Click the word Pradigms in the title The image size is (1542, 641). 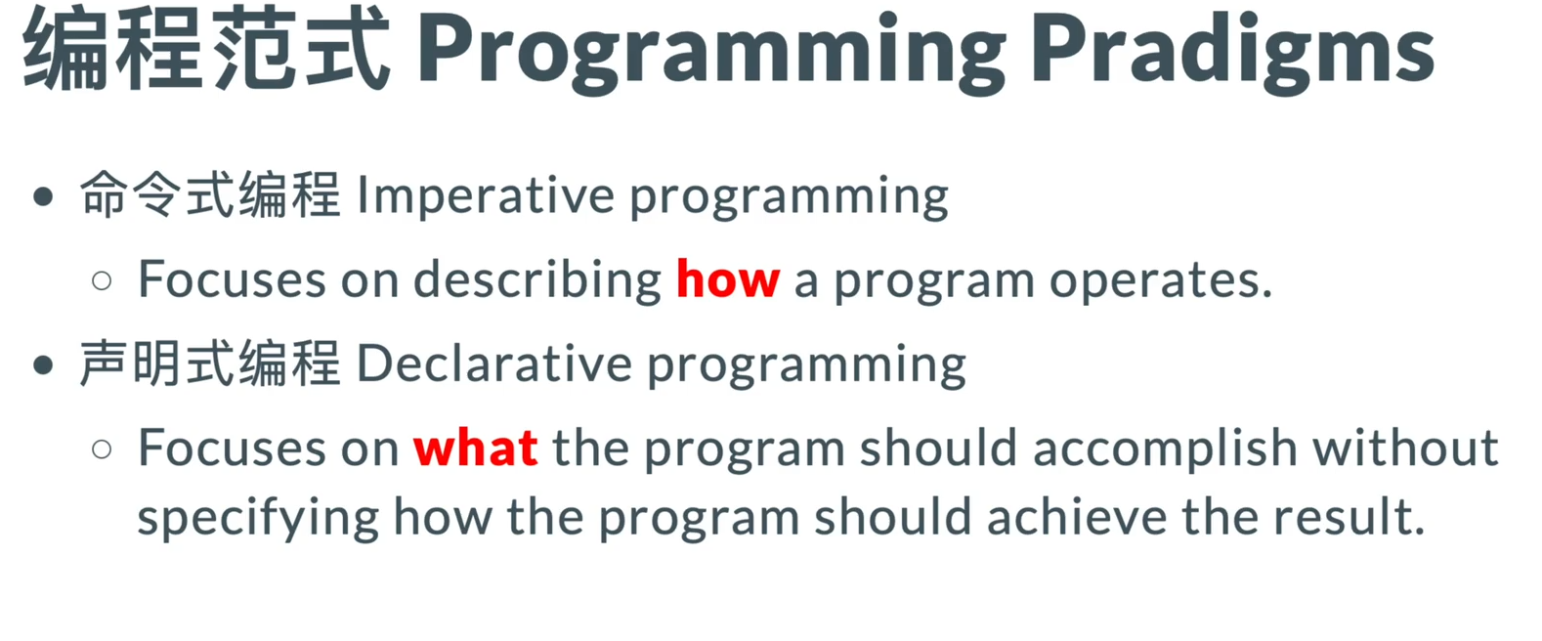tap(1232, 53)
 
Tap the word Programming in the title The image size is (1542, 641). tap(711, 53)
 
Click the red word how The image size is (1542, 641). tap(728, 279)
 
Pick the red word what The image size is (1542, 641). tap(476, 448)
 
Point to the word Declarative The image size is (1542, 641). tap(494, 363)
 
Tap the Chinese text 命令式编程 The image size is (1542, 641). tap(210, 195)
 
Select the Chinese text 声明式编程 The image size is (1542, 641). tap(210, 363)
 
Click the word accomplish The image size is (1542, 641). tap(1165, 449)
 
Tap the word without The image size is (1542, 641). tap(1406, 448)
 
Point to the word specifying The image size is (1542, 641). tap(258, 518)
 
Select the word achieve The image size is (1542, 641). tap(1077, 516)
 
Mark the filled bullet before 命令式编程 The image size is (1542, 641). tap(43, 197)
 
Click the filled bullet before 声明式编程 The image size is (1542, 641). tap(43, 364)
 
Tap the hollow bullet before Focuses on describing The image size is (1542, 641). tap(102, 280)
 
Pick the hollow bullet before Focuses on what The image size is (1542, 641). tap(102, 449)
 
